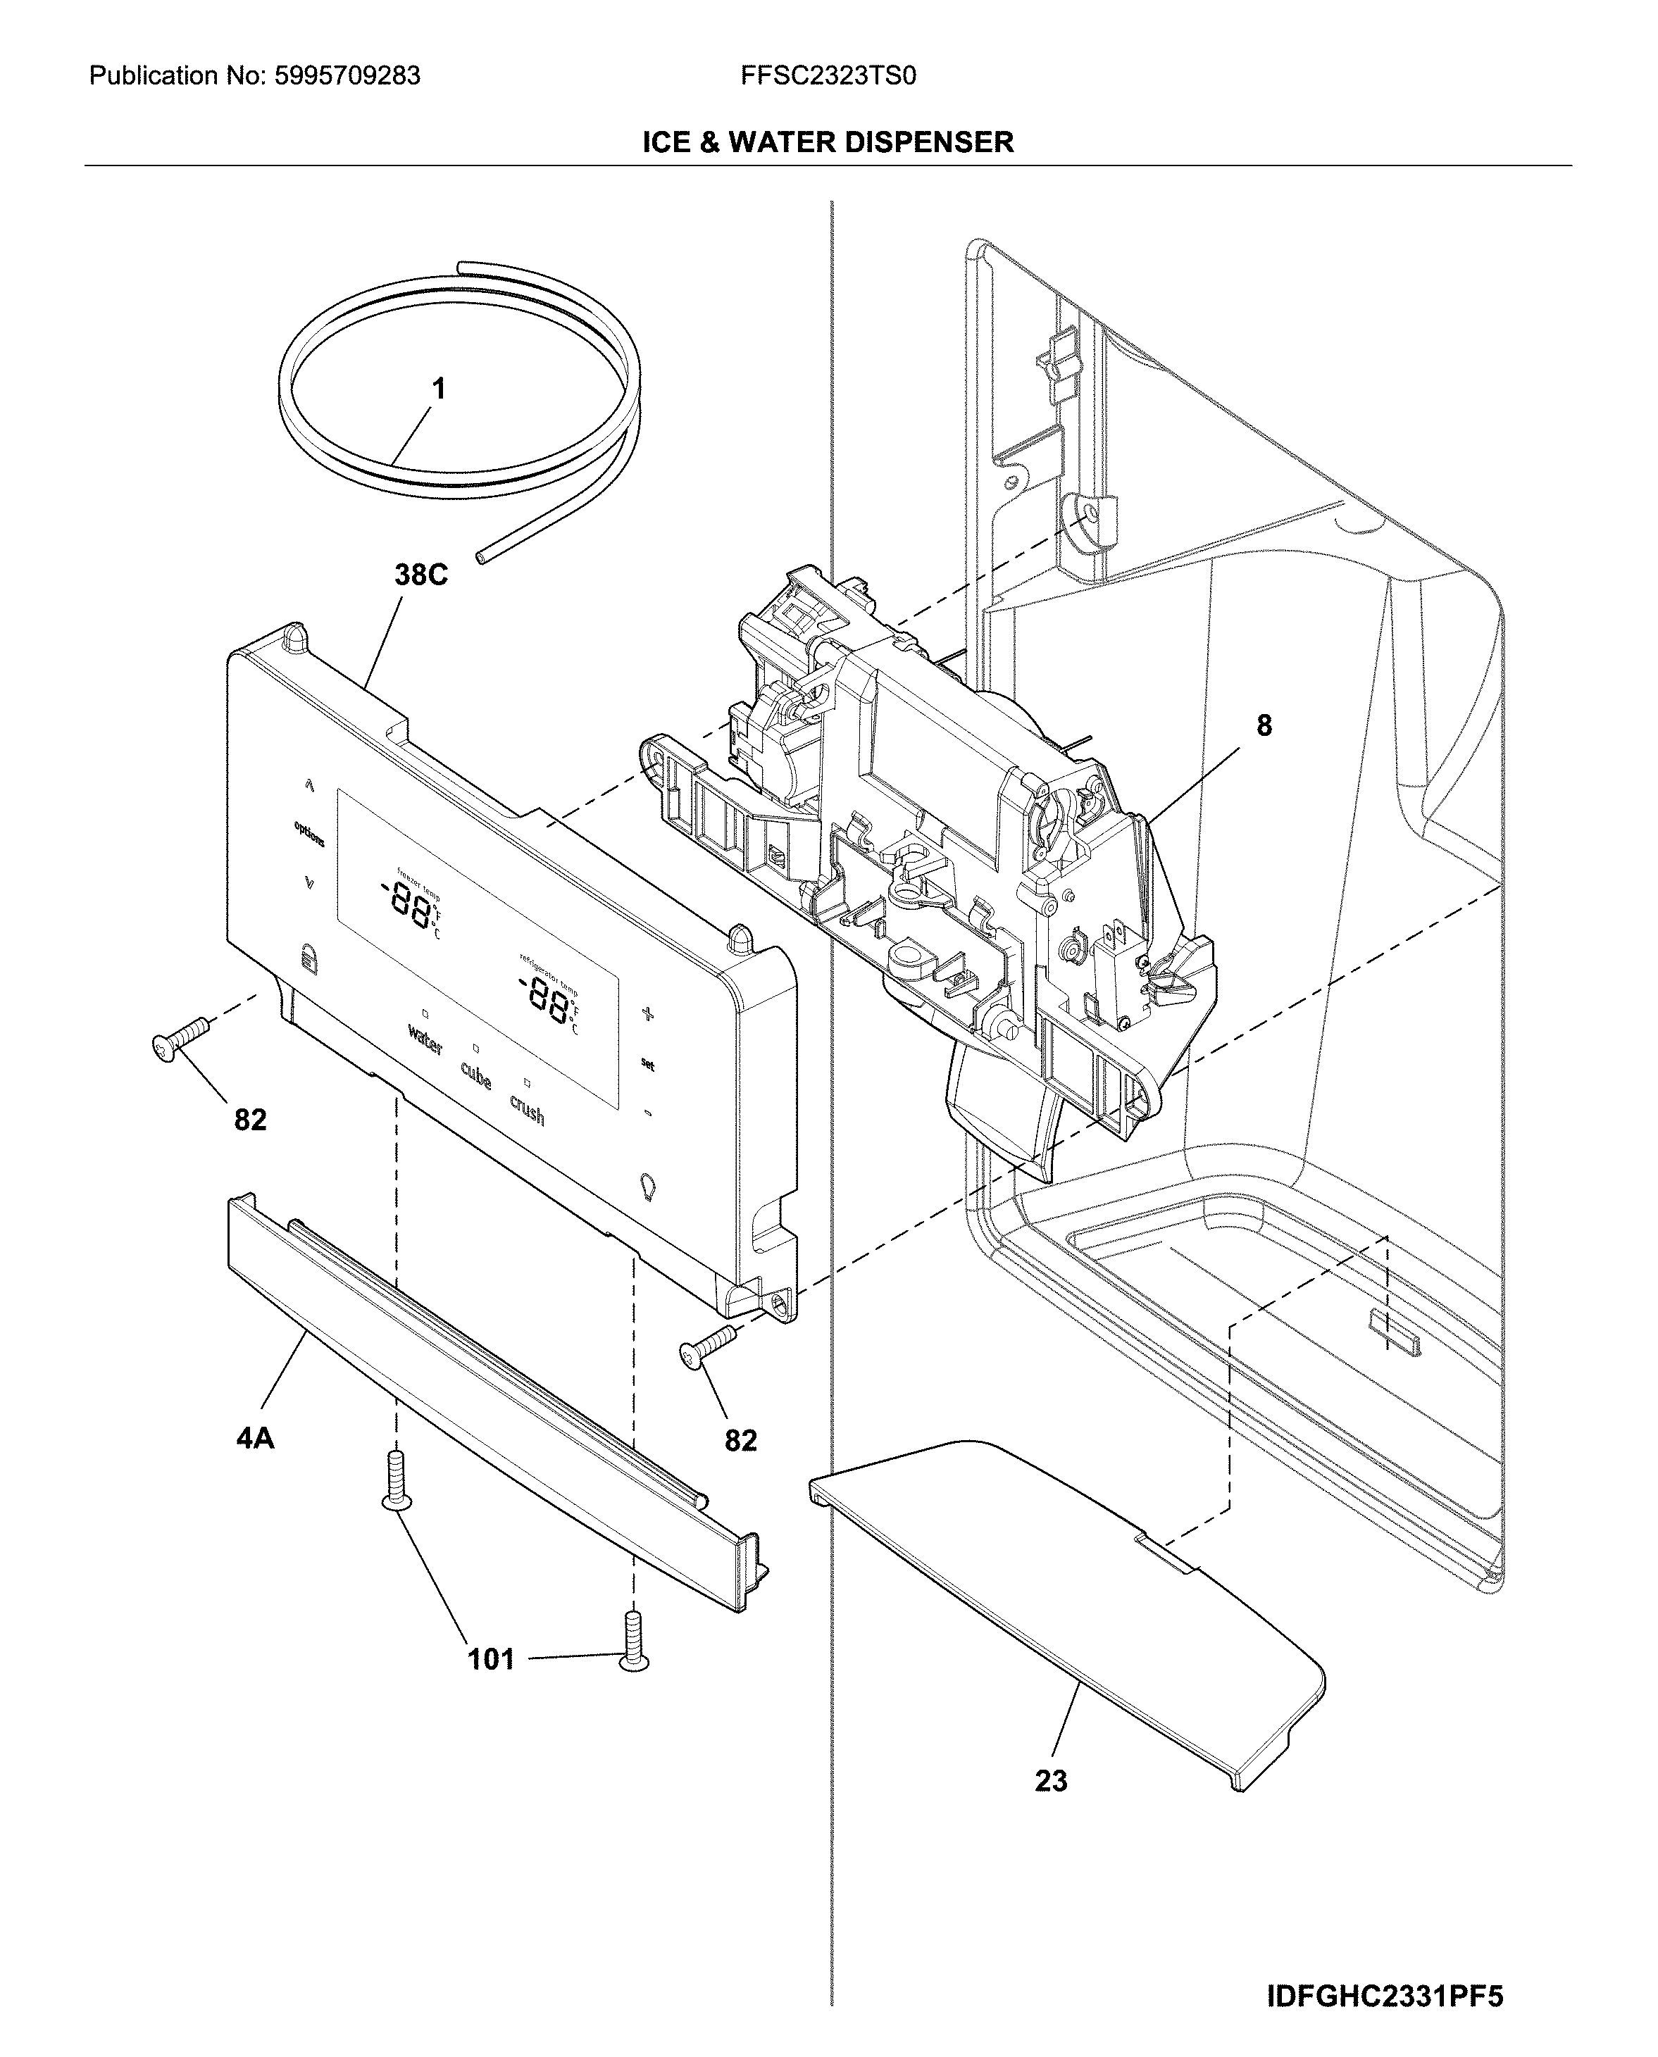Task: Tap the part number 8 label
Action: pyautogui.click(x=1264, y=726)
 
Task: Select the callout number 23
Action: pyautogui.click(x=1051, y=1780)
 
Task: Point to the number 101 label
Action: pyautogui.click(x=491, y=1659)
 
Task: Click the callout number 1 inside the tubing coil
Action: pyautogui.click(x=438, y=389)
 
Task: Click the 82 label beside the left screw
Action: pyautogui.click(x=250, y=1119)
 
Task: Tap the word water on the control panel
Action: pyautogui.click(x=425, y=1039)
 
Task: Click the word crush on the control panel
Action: pyautogui.click(x=528, y=1111)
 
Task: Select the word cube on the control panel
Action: pyautogui.click(x=475, y=1076)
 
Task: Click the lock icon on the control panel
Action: pyautogui.click(x=308, y=957)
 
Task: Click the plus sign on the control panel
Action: pyautogui.click(x=647, y=1013)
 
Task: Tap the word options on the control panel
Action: pyautogui.click(x=308, y=834)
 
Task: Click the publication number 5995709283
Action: pyautogui.click(x=348, y=76)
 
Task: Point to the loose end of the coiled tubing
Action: pyautogui.click(x=480, y=556)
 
